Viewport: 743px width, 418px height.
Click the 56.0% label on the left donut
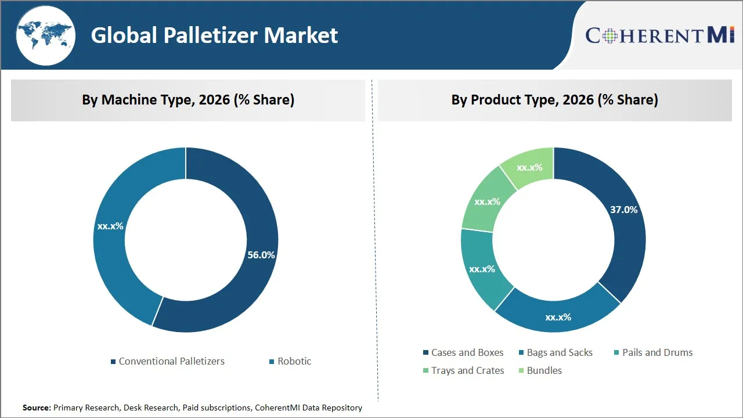(261, 255)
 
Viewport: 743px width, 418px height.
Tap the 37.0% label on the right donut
(623, 210)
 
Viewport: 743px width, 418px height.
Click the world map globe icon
(46, 35)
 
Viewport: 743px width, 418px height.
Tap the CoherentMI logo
(660, 35)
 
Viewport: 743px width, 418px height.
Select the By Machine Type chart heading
(188, 100)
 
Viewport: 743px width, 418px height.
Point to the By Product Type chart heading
(554, 100)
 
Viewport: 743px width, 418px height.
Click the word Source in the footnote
(37, 408)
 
